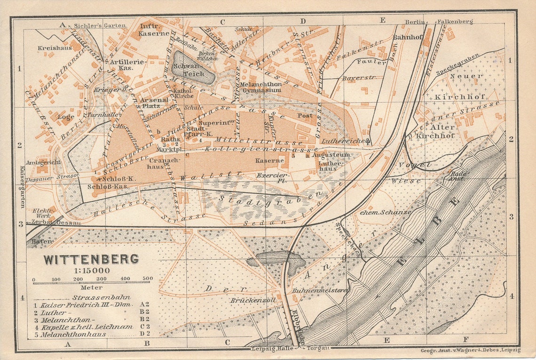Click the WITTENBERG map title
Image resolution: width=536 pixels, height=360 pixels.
click(91, 259)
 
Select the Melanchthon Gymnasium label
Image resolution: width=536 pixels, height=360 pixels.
click(260, 87)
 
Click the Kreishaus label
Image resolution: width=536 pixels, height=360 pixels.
click(55, 48)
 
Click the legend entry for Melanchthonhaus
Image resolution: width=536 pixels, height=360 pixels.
click(73, 334)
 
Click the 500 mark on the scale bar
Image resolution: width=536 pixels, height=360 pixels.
click(148, 278)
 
